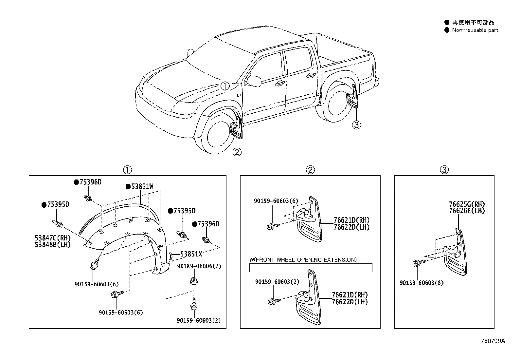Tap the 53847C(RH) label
pyautogui.click(x=53, y=237)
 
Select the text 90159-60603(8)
pyautogui.click(x=422, y=283)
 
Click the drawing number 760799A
pyautogui.click(x=493, y=341)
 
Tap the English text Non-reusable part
pyautogui.click(x=475, y=30)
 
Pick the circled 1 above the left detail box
pyautogui.click(x=127, y=170)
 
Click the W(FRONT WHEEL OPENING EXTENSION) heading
pyautogui.click(x=303, y=260)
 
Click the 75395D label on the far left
pyautogui.click(x=58, y=204)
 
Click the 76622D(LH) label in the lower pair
pyautogui.click(x=350, y=302)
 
